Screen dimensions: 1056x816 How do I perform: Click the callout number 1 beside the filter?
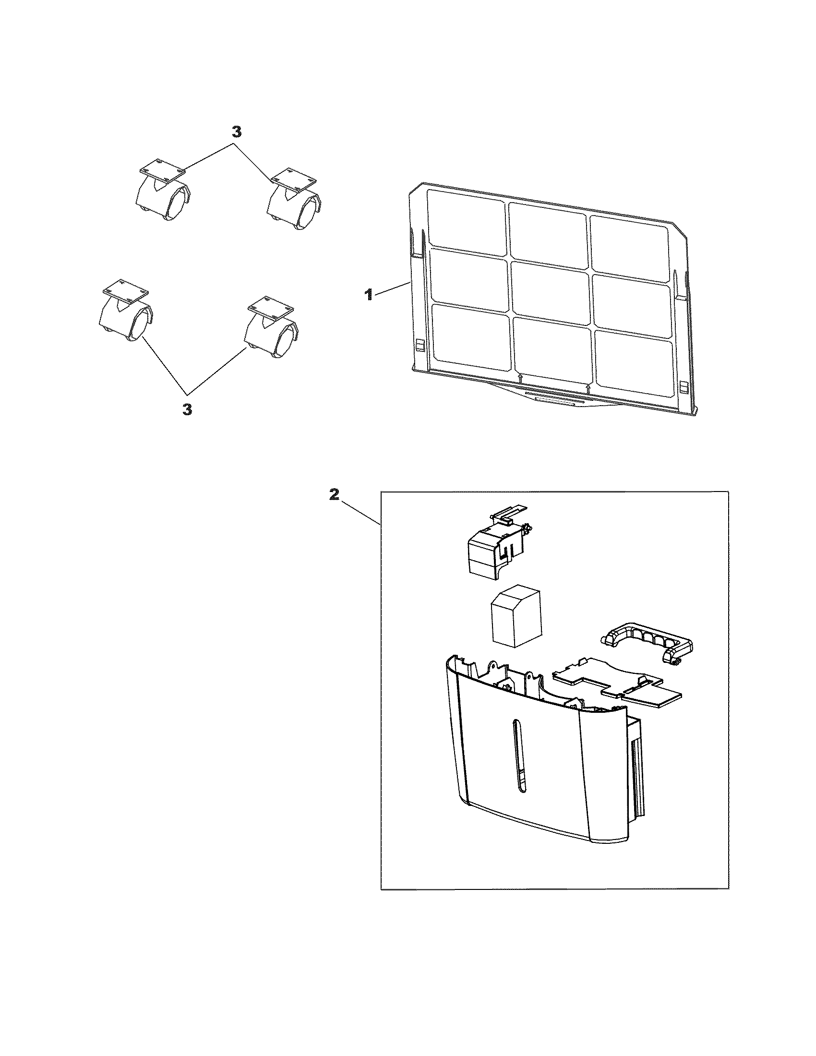[x=368, y=294]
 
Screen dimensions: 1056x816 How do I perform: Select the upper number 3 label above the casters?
[x=236, y=132]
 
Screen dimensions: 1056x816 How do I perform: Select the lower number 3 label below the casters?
[x=187, y=409]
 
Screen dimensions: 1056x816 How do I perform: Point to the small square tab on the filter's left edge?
[x=420, y=344]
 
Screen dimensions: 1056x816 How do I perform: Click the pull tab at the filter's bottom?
[x=554, y=397]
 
